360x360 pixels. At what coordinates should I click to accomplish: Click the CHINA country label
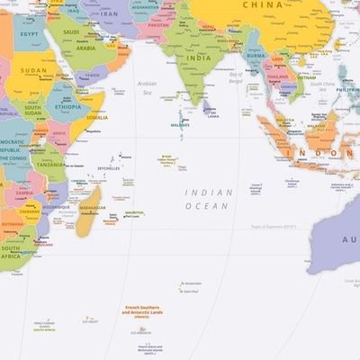pos(263,4)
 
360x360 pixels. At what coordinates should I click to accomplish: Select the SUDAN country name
pos(34,69)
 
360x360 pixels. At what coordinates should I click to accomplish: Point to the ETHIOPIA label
pos(67,105)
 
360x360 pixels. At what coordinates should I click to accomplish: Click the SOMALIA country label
pos(96,117)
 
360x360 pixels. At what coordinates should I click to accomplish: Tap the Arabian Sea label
pos(147,87)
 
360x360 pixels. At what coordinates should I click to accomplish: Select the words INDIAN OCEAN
pos(208,199)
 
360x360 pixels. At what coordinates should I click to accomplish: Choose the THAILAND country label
pos(278,77)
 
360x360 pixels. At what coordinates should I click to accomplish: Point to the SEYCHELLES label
pos(108,168)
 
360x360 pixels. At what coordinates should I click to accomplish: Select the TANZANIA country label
pos(50,165)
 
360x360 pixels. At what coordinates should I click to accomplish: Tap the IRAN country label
pos(109,14)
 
